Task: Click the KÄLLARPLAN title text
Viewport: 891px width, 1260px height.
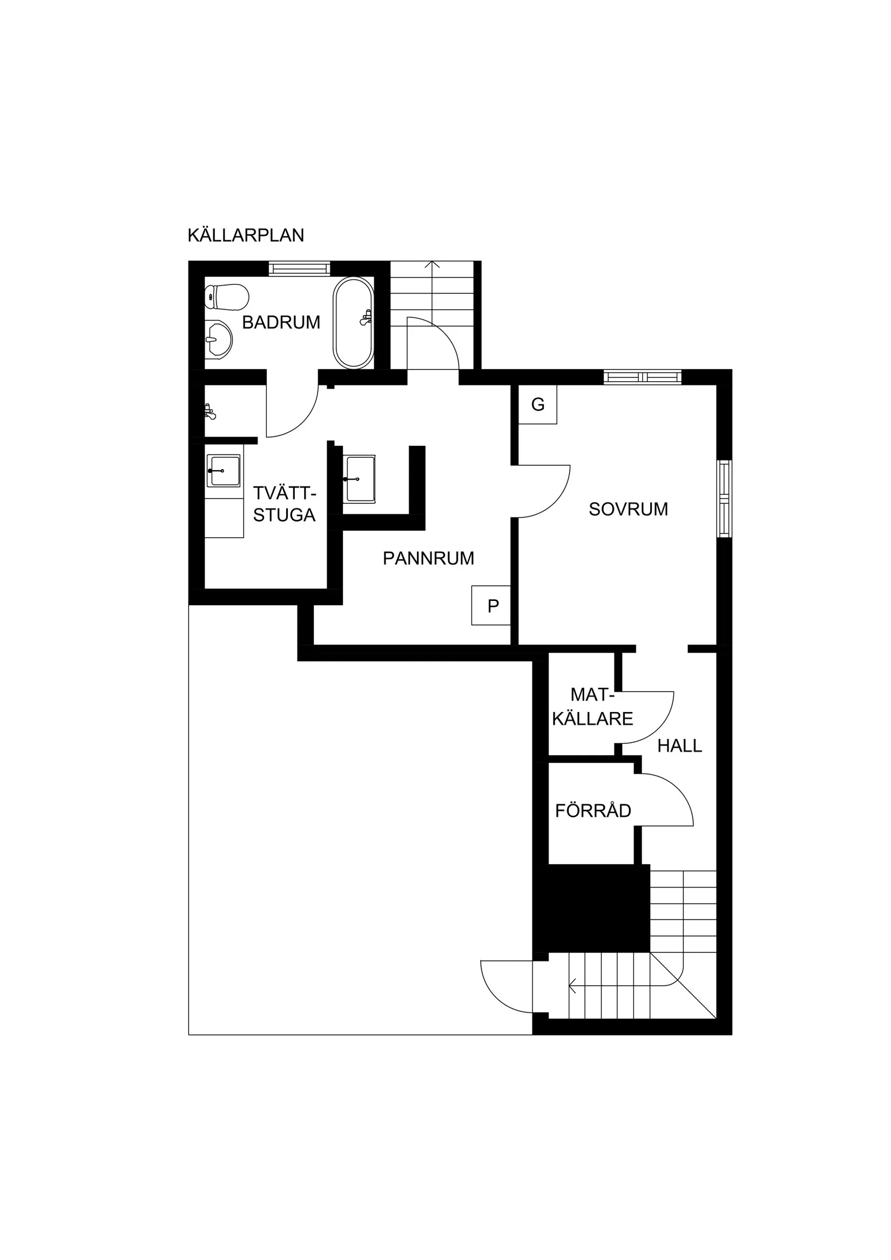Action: point(245,235)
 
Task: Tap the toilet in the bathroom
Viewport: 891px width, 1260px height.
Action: point(226,297)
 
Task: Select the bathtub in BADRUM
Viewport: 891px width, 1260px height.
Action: point(353,323)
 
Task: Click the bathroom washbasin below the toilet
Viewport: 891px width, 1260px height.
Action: point(219,340)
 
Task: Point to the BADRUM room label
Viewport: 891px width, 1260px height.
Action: point(281,322)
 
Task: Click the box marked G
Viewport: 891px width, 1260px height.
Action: point(538,404)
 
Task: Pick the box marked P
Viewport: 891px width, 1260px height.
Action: point(491,605)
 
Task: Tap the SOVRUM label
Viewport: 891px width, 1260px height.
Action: point(629,509)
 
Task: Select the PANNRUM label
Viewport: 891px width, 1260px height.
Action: point(428,558)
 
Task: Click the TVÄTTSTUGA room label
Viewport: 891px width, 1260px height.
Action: point(285,504)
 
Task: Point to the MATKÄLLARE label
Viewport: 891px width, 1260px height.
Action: point(592,706)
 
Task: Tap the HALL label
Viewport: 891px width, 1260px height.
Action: point(680,746)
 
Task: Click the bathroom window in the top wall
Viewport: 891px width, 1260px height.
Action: point(299,268)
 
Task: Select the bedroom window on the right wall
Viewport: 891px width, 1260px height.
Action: point(725,499)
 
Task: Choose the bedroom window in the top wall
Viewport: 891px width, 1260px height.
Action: point(642,377)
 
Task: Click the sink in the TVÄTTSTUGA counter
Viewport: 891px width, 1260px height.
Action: point(224,470)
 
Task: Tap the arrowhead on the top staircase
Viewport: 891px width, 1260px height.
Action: point(433,265)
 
